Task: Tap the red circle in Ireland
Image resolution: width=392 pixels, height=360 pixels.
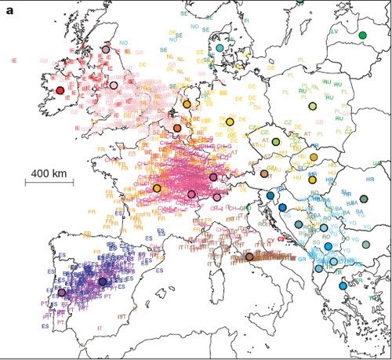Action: (60, 90)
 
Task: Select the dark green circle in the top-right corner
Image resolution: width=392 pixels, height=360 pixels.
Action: (362, 35)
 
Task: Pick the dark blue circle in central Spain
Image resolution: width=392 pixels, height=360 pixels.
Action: (103, 281)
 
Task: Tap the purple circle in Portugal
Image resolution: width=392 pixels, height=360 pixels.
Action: (62, 293)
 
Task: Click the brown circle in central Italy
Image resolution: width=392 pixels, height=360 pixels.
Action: (249, 256)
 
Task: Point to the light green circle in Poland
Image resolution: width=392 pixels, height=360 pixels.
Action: (312, 106)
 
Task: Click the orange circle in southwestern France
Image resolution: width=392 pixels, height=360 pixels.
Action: (157, 188)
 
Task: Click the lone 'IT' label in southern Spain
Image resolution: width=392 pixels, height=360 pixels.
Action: (100, 327)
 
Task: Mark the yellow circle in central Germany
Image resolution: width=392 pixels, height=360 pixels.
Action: (230, 122)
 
